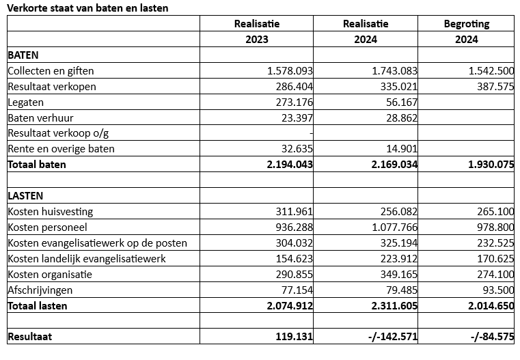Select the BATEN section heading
(23, 55)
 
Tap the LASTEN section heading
(25, 196)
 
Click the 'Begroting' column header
(467, 24)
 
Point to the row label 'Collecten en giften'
(51, 70)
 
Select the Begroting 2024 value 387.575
(491, 86)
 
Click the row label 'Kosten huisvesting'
(50, 212)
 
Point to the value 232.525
(491, 243)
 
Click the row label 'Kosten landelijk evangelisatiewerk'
(87, 259)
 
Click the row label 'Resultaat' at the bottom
(30, 337)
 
